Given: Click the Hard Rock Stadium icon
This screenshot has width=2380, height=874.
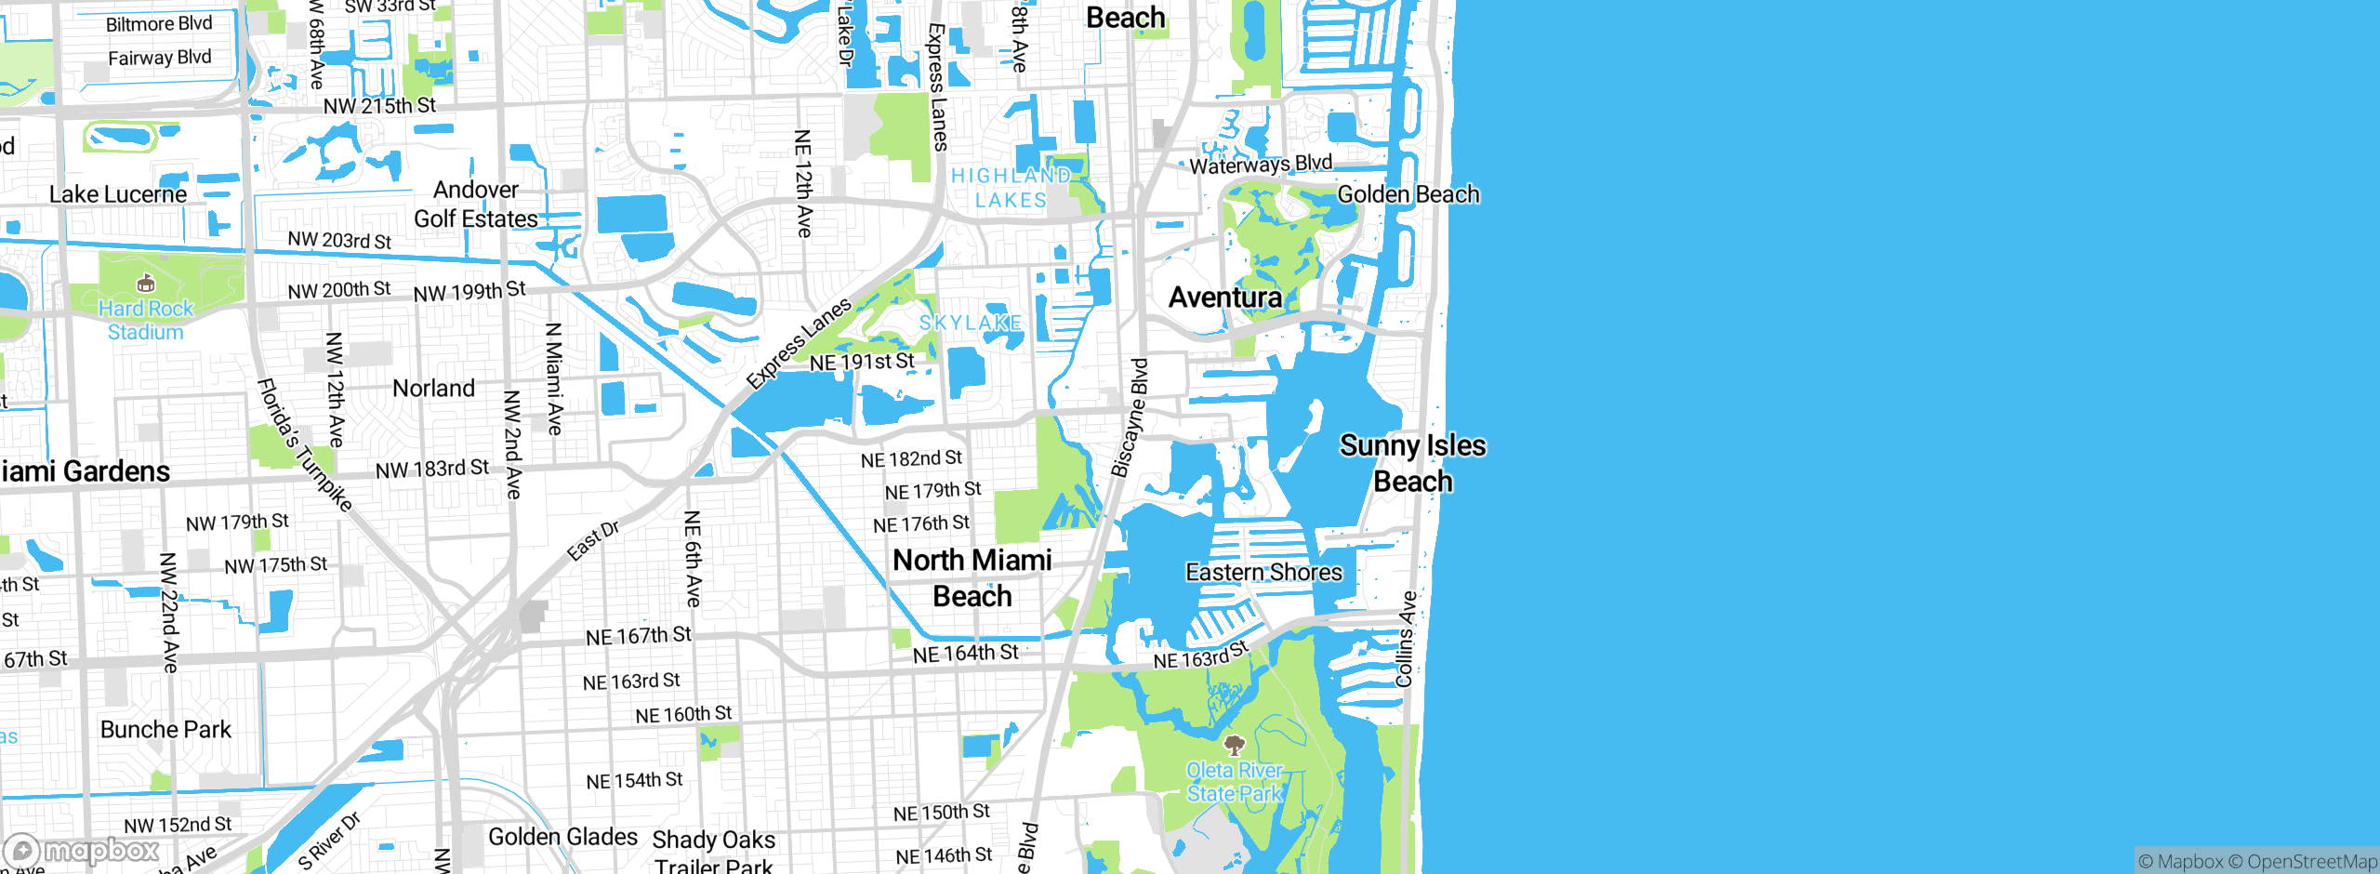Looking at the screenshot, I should click(x=146, y=283).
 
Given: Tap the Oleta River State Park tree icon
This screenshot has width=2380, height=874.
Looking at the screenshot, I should click(x=1235, y=745).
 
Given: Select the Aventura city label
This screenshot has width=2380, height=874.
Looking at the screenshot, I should click(x=1225, y=298).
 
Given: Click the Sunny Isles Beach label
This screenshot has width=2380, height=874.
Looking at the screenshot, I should click(x=1412, y=463).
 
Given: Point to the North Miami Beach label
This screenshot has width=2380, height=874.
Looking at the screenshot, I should click(x=972, y=577).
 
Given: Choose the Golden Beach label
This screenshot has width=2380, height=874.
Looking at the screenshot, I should click(x=1408, y=194).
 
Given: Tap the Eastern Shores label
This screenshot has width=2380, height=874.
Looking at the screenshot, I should click(x=1263, y=572).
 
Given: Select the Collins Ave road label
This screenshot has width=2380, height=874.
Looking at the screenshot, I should click(x=1407, y=639).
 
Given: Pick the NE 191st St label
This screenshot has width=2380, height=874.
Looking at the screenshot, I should click(x=862, y=362).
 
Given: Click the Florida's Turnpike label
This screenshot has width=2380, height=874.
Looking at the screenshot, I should click(x=305, y=444).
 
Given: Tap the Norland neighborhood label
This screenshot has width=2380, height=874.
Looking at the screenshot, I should click(x=433, y=388).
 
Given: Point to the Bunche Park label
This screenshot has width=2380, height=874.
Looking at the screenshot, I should click(x=165, y=729).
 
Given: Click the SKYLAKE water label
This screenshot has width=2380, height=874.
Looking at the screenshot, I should click(x=971, y=323).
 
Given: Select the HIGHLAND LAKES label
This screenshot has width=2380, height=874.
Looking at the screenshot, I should click(x=1011, y=188).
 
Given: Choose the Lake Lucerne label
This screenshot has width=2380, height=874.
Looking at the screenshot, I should click(x=118, y=194).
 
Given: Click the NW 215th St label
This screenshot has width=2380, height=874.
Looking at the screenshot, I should click(x=379, y=106).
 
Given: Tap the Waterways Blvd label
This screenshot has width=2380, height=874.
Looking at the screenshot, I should click(x=1261, y=165).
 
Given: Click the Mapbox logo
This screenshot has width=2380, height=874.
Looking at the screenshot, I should click(x=82, y=851).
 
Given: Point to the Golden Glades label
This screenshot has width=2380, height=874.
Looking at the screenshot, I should click(x=562, y=837).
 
